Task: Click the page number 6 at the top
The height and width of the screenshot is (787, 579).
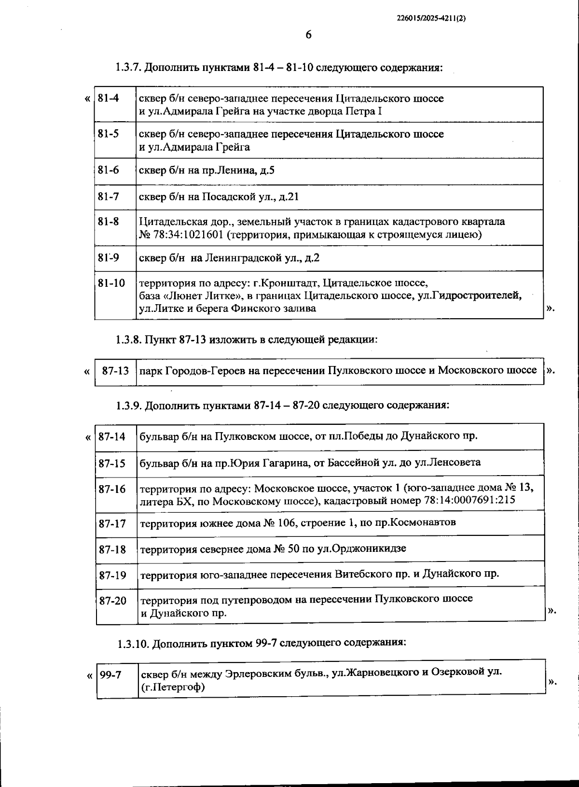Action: (308, 35)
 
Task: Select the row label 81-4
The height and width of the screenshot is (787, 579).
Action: (108, 98)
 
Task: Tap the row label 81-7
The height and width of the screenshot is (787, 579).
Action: (108, 197)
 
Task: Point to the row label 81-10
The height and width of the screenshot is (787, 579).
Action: (111, 283)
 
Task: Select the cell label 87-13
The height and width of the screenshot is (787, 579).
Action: (116, 371)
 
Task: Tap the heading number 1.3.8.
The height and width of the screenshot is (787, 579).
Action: (129, 339)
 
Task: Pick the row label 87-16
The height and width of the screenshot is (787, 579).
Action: (112, 489)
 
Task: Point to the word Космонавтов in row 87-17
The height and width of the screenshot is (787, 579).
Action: (422, 522)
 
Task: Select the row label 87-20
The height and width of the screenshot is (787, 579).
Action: (112, 601)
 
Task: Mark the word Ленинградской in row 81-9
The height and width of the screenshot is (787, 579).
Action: (247, 258)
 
